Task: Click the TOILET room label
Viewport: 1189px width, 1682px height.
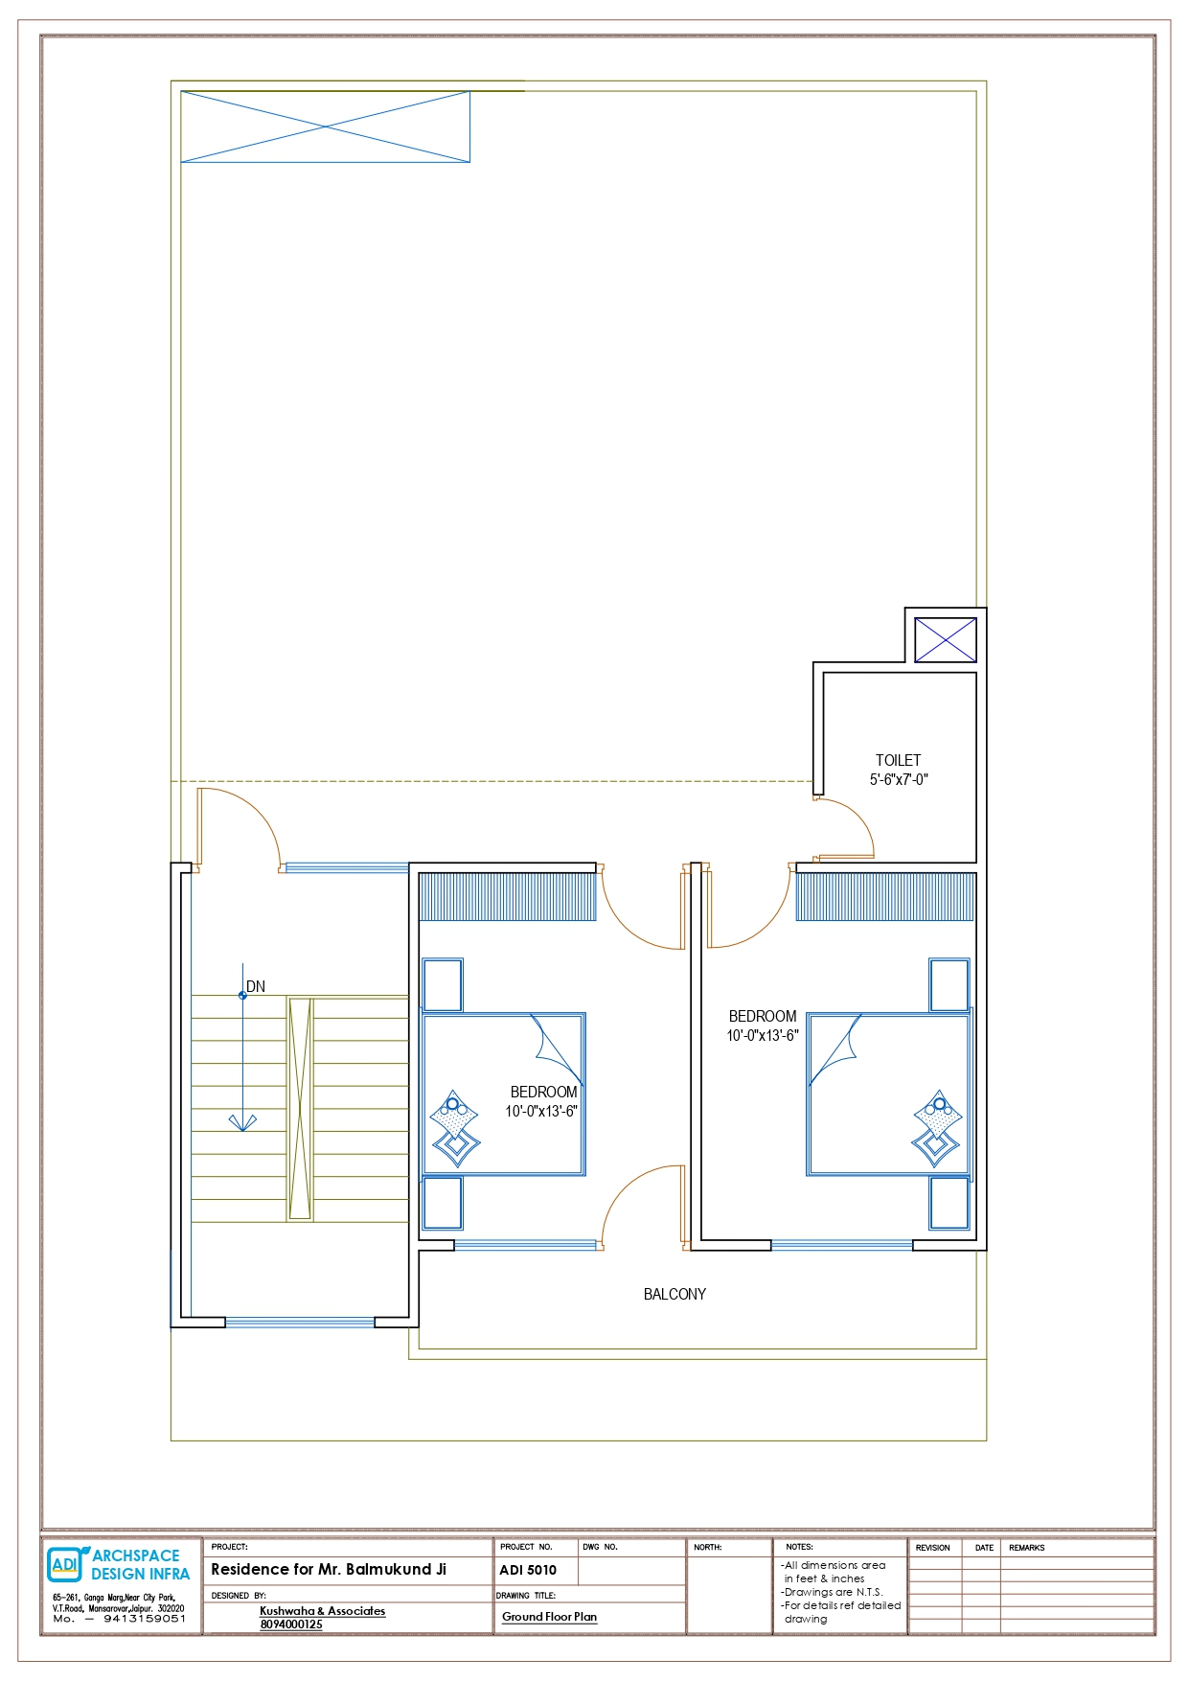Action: coord(898,760)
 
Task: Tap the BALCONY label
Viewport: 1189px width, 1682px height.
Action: coord(675,1294)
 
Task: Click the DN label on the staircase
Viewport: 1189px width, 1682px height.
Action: coord(256,986)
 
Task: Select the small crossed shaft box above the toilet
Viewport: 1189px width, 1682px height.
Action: coord(946,639)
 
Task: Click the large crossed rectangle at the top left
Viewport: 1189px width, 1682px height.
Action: coord(326,127)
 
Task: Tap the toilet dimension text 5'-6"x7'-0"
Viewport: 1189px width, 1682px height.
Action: coord(899,779)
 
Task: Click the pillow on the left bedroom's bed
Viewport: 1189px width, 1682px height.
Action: coord(454,1127)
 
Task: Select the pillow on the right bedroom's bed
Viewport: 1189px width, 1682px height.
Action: coord(938,1127)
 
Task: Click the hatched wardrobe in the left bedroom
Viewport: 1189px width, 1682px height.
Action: coord(508,897)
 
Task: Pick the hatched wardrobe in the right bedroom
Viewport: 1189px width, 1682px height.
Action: coord(886,897)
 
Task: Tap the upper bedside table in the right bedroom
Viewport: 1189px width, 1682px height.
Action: coord(949,984)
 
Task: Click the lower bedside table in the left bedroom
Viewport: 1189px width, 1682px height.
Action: coord(443,1203)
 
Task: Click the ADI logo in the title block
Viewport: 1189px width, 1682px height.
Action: coord(65,1564)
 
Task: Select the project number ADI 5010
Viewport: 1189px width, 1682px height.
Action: coord(528,1570)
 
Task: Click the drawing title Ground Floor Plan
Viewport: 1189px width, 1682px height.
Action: coord(549,1617)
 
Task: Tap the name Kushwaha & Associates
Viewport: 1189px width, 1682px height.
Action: coord(323,1611)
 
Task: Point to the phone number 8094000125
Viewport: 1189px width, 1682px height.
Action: coord(291,1624)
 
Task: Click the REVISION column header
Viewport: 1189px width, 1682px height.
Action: coord(932,1548)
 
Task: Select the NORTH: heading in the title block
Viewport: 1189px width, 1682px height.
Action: coord(708,1547)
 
